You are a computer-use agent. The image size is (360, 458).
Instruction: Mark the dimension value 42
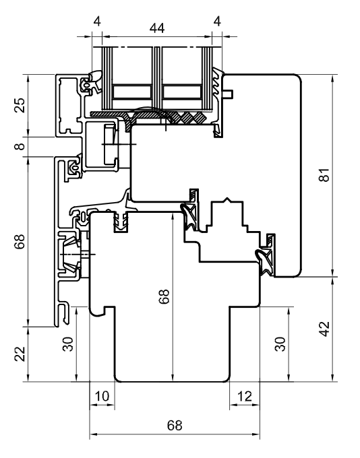pyautogui.click(x=325, y=329)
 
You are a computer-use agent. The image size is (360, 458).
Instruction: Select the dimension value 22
pyautogui.click(x=20, y=354)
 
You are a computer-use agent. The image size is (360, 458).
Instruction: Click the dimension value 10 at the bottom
pyautogui.click(x=102, y=396)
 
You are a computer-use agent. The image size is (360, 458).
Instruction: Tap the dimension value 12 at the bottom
pyautogui.click(x=245, y=396)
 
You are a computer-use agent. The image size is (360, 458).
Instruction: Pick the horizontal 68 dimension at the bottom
pyautogui.click(x=174, y=426)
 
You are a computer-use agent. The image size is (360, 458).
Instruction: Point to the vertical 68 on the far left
pyautogui.click(x=20, y=242)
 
